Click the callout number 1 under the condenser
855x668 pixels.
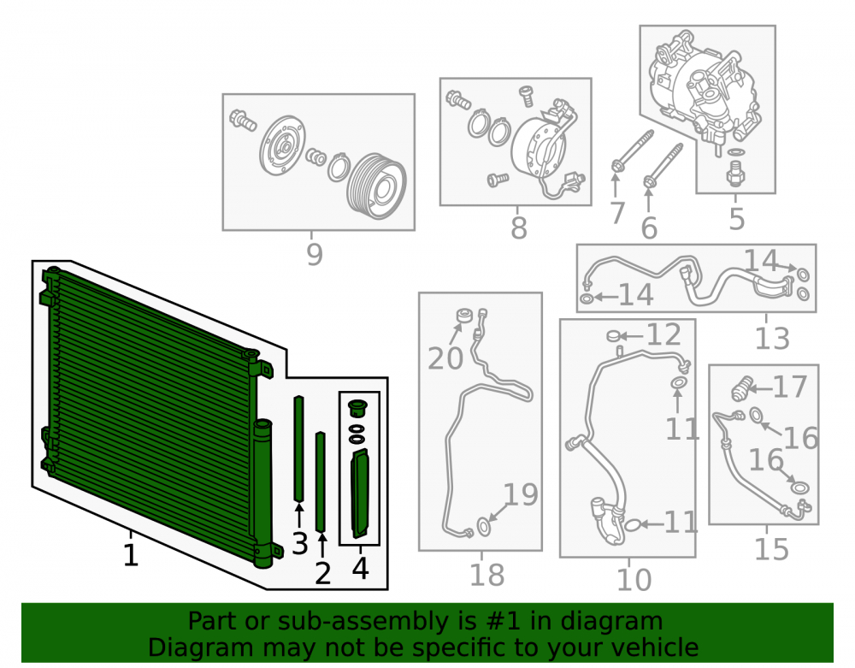pyautogui.click(x=130, y=554)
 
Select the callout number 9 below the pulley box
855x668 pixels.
pyautogui.click(x=314, y=254)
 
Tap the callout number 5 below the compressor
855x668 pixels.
pyautogui.click(x=737, y=219)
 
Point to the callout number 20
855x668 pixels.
pyautogui.click(x=445, y=358)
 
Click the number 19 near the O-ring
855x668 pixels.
pyautogui.click(x=521, y=494)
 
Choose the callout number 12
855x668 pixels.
pyautogui.click(x=663, y=334)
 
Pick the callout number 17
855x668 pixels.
pyautogui.click(x=790, y=387)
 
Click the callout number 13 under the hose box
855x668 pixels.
pyautogui.click(x=772, y=339)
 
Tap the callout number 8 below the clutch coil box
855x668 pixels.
pyautogui.click(x=519, y=228)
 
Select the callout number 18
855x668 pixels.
pyautogui.click(x=487, y=575)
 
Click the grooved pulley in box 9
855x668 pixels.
pyautogui.click(x=376, y=186)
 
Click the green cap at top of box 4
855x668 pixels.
pyautogui.click(x=357, y=407)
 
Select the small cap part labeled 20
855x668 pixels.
pyautogui.click(x=464, y=316)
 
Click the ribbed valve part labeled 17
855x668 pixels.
pyautogui.click(x=741, y=389)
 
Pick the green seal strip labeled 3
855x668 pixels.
pyautogui.click(x=298, y=448)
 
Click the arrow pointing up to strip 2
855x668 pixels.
pyautogui.click(x=322, y=546)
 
